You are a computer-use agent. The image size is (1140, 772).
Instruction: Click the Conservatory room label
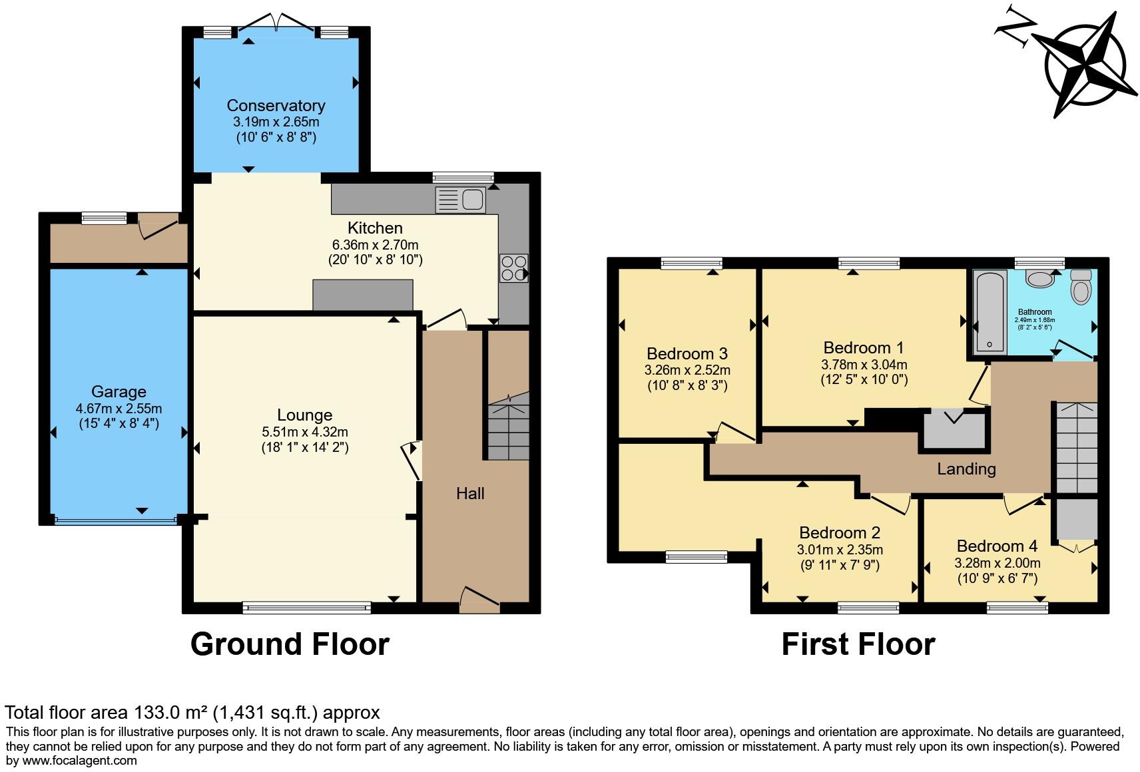click(x=276, y=105)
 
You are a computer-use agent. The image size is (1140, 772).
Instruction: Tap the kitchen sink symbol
click(x=460, y=200)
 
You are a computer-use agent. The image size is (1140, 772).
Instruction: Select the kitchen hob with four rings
click(x=513, y=268)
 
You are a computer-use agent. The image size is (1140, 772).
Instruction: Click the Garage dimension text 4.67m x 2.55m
click(x=119, y=408)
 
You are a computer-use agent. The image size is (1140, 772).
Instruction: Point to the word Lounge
click(x=304, y=415)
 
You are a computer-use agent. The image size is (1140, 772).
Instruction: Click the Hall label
click(x=470, y=493)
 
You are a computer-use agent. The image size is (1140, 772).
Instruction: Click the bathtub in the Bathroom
click(x=990, y=311)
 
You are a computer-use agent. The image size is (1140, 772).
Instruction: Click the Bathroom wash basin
click(x=1039, y=278)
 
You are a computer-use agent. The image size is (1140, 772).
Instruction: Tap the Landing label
click(x=966, y=469)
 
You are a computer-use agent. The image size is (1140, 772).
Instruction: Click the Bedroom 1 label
click(x=864, y=347)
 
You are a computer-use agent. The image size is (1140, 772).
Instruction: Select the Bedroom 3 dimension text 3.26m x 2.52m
click(x=687, y=370)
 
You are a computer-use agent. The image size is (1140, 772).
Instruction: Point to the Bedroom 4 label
click(x=997, y=546)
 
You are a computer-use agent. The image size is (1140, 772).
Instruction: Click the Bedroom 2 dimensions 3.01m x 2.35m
click(x=840, y=550)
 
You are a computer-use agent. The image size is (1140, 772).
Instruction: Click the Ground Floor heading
click(x=290, y=644)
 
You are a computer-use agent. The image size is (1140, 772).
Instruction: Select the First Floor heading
click(x=858, y=644)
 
